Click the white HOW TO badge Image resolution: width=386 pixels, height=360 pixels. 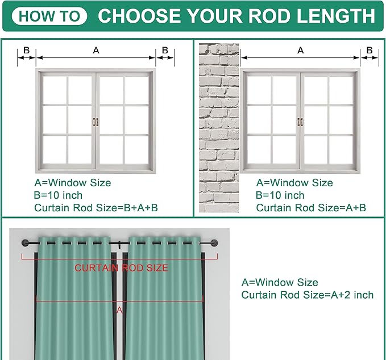(x=49, y=16)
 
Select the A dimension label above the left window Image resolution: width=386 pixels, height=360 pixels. (x=96, y=51)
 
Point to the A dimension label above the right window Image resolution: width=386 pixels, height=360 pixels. (x=301, y=51)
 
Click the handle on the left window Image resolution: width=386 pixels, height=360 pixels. (x=96, y=122)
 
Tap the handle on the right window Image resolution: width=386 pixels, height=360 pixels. (x=300, y=122)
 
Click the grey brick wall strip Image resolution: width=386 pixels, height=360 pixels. (x=219, y=128)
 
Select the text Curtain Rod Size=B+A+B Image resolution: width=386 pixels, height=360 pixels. (x=96, y=208)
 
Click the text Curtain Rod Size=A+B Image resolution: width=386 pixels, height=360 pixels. (x=311, y=208)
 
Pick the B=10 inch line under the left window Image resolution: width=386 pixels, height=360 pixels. (x=58, y=195)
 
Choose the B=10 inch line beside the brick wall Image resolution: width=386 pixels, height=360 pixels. (x=280, y=195)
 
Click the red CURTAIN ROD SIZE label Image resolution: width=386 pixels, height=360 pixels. (x=121, y=268)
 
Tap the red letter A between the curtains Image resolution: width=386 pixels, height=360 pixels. (x=119, y=311)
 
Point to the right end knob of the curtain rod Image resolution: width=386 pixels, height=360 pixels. (x=214, y=242)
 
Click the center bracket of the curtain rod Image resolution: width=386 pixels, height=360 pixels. (x=119, y=244)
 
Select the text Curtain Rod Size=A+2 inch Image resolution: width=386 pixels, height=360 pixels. (x=308, y=295)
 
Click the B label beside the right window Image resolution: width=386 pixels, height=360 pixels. (x=370, y=50)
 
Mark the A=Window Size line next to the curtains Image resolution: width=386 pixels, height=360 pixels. (x=280, y=282)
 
